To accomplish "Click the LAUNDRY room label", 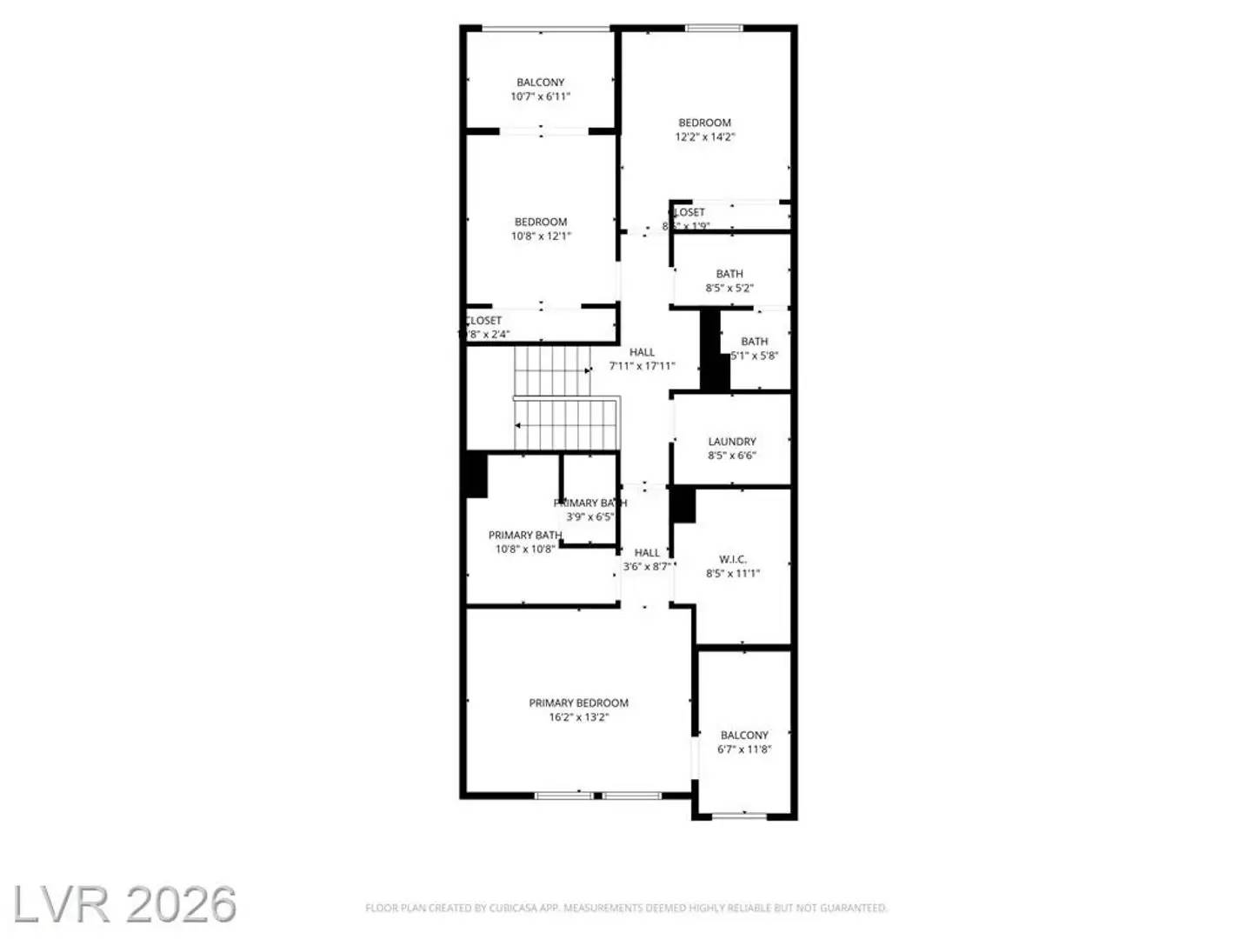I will coord(731,442).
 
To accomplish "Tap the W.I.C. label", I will coord(733,559).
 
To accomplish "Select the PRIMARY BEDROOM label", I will coord(578,703).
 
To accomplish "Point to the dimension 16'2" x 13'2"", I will coord(578,717).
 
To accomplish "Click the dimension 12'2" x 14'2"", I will coord(705,137).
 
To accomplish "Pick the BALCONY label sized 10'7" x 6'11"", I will coord(540,83).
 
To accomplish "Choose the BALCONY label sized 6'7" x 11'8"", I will coord(744,735).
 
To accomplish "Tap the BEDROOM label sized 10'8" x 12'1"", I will coord(540,222).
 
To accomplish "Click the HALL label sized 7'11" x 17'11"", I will coord(642,352).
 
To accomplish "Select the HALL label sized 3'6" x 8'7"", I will coord(647,552).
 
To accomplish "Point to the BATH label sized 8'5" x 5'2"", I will coord(729,274).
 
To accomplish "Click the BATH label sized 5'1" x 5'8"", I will coord(755,342).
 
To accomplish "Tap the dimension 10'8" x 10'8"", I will coord(524,549).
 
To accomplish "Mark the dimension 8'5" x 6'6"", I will coord(731,456).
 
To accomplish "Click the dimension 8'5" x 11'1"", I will coord(733,573).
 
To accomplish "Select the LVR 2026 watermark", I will coord(123,904).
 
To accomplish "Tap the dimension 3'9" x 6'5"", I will coord(589,516).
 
